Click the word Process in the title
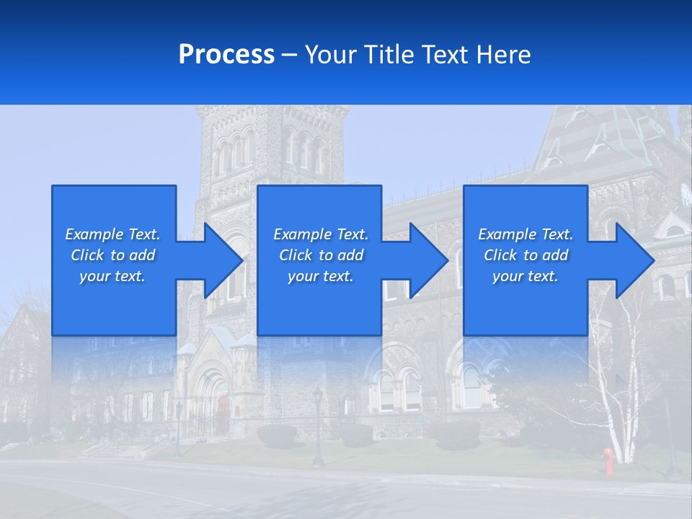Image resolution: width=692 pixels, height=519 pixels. [226, 55]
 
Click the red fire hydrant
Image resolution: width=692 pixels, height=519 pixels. [609, 461]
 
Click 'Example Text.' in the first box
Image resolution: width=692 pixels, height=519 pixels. [112, 234]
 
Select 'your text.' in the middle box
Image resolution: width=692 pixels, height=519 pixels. [320, 276]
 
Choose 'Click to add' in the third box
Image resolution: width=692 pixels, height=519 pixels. [526, 255]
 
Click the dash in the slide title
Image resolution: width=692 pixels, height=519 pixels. [289, 55]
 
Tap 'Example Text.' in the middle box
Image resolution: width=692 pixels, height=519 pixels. [321, 234]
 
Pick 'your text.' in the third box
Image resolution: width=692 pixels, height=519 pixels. [525, 276]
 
